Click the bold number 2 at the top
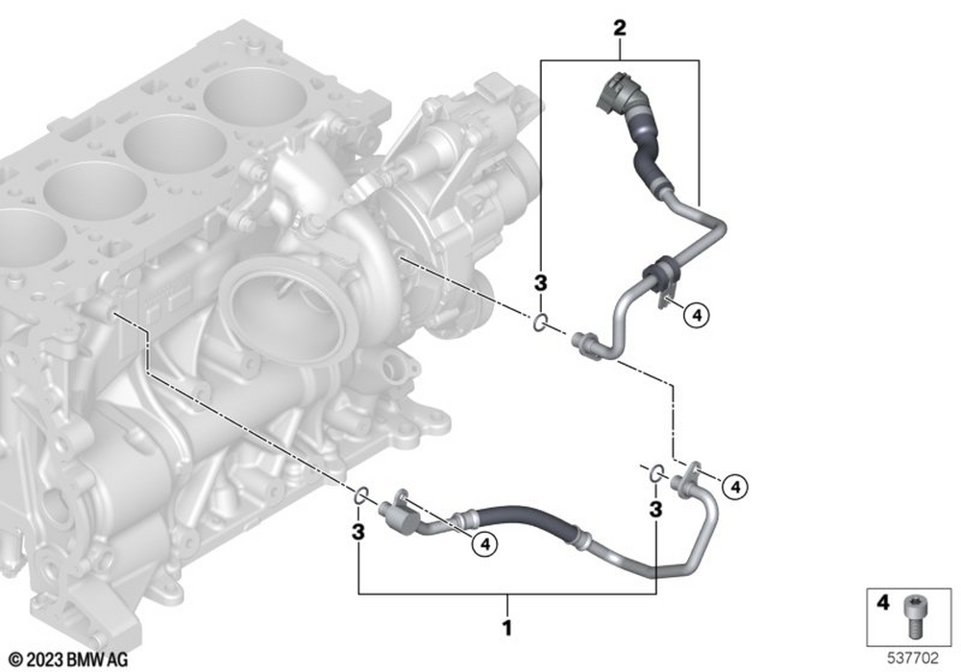620,28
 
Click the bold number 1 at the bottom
506,627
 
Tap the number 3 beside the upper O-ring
540,283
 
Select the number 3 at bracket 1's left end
357,531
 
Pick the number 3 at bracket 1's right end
655,509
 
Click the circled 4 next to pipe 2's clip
697,316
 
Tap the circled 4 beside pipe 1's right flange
735,487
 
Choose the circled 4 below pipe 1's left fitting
484,543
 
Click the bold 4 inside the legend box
882,603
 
